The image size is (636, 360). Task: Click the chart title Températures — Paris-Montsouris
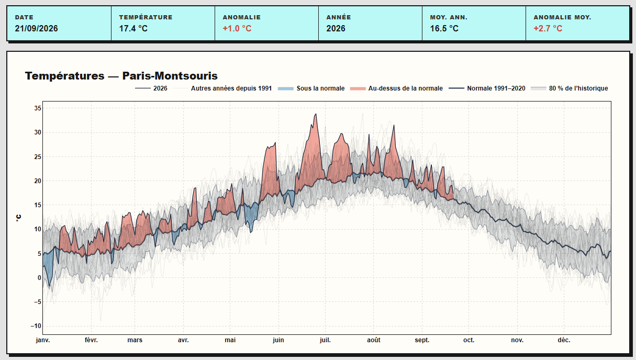coord(121,76)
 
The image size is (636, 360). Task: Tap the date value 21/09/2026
coord(36,28)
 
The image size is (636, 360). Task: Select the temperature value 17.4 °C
coord(133,28)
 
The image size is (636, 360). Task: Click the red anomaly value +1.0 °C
coord(237,28)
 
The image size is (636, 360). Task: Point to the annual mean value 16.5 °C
coord(444,28)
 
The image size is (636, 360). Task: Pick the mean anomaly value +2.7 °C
coord(548,28)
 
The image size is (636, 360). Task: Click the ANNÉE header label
coord(339,17)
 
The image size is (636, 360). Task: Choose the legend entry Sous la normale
coord(320,88)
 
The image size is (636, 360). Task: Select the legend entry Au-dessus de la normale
coord(406,88)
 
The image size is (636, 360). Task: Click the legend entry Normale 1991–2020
coord(496,88)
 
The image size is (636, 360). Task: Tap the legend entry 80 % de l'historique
coord(578,88)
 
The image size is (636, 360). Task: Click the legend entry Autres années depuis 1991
coord(231,88)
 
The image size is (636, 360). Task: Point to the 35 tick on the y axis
coord(38,108)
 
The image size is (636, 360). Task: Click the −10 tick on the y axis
coord(36,326)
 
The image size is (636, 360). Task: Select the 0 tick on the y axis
coord(39,278)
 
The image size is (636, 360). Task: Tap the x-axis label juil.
coord(325,340)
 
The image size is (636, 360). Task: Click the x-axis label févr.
coord(91,340)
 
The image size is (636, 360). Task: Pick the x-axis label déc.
coord(564,340)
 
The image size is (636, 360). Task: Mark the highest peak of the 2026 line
coord(316,114)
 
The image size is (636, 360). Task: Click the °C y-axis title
coord(18,218)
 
